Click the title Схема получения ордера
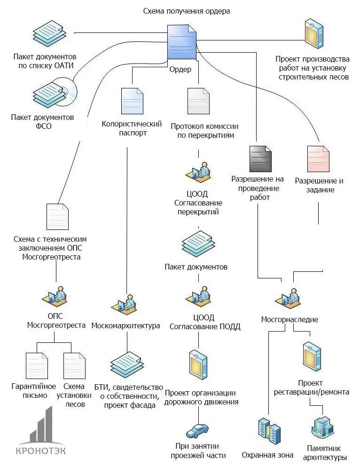187,11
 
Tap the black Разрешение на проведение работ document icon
260,159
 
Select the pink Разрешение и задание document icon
318,159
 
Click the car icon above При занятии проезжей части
197,431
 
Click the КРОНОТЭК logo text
41,451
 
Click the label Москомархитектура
125,325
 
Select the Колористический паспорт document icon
132,101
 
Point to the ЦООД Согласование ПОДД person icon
198,297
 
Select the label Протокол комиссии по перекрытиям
204,131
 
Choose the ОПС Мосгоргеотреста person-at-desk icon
57,297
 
